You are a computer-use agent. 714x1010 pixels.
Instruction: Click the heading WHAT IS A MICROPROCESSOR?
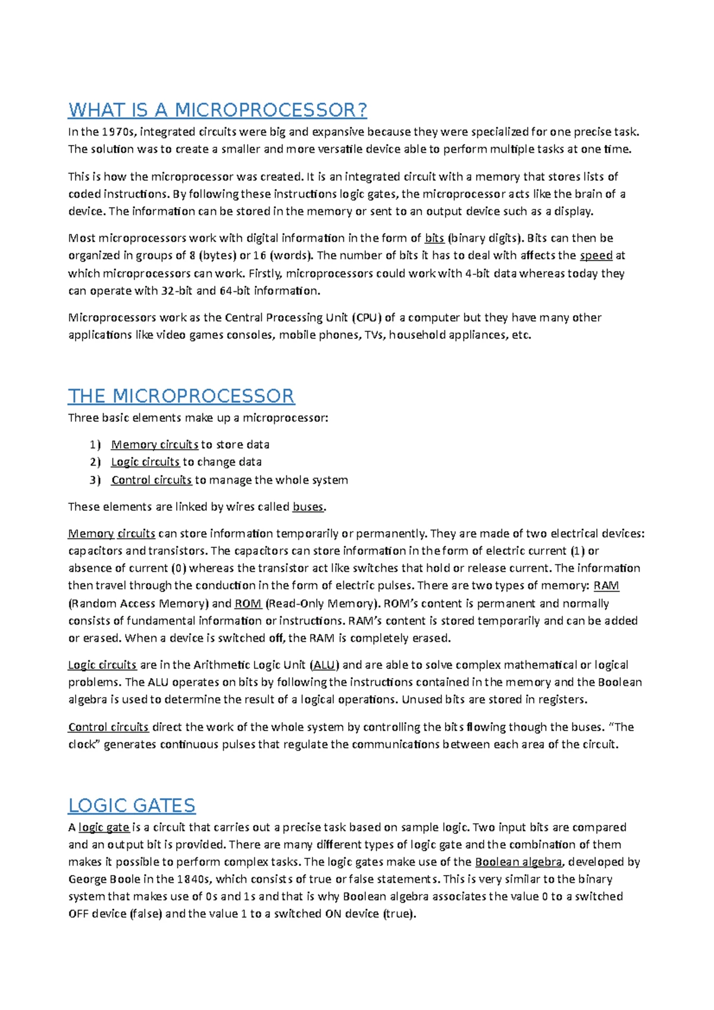[218, 110]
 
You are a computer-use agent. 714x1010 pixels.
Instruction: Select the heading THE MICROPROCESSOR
[181, 396]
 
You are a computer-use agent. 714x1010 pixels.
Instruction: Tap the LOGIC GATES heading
[131, 805]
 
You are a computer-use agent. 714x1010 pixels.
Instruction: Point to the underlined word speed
[596, 256]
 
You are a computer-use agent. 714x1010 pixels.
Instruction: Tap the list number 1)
[95, 445]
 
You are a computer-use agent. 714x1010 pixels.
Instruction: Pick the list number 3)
[95, 480]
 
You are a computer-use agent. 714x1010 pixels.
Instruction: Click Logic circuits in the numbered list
[145, 462]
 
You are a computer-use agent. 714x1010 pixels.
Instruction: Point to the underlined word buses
[308, 507]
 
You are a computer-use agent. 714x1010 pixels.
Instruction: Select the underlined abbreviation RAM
[606, 586]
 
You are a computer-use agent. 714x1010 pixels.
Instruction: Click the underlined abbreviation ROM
[248, 604]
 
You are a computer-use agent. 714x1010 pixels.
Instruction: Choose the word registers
[562, 700]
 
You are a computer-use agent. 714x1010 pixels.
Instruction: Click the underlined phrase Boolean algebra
[518, 862]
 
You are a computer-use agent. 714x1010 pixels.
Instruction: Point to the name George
[87, 879]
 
